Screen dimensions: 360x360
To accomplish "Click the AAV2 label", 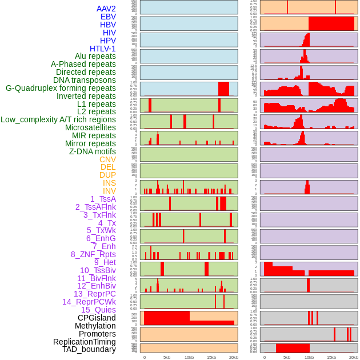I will (106, 9).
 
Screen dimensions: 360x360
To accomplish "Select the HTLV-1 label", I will (102, 49).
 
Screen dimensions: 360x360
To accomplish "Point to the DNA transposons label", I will (84, 81).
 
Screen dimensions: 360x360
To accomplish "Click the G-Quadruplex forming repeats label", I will (61, 89).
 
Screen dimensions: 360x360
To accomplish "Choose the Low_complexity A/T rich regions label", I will (58, 120).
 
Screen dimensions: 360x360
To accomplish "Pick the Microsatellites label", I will (90, 128).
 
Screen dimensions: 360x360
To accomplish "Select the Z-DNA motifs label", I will (92, 151).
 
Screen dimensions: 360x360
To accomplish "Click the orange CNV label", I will (107, 159).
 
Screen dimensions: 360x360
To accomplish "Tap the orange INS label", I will (109, 183).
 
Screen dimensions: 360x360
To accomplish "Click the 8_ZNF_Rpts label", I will (93, 254).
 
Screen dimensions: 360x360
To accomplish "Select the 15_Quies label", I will (98, 310).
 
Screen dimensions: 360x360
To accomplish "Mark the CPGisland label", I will (97, 318).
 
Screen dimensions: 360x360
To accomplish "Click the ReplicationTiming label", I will (84, 342).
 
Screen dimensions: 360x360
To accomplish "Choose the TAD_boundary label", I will (89, 349).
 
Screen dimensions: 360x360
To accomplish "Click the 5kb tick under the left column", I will (167, 357).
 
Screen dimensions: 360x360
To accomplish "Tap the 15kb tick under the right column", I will (331, 357).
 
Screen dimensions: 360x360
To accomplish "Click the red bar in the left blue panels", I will (223, 89).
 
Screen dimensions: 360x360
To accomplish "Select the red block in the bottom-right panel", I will (293, 348).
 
